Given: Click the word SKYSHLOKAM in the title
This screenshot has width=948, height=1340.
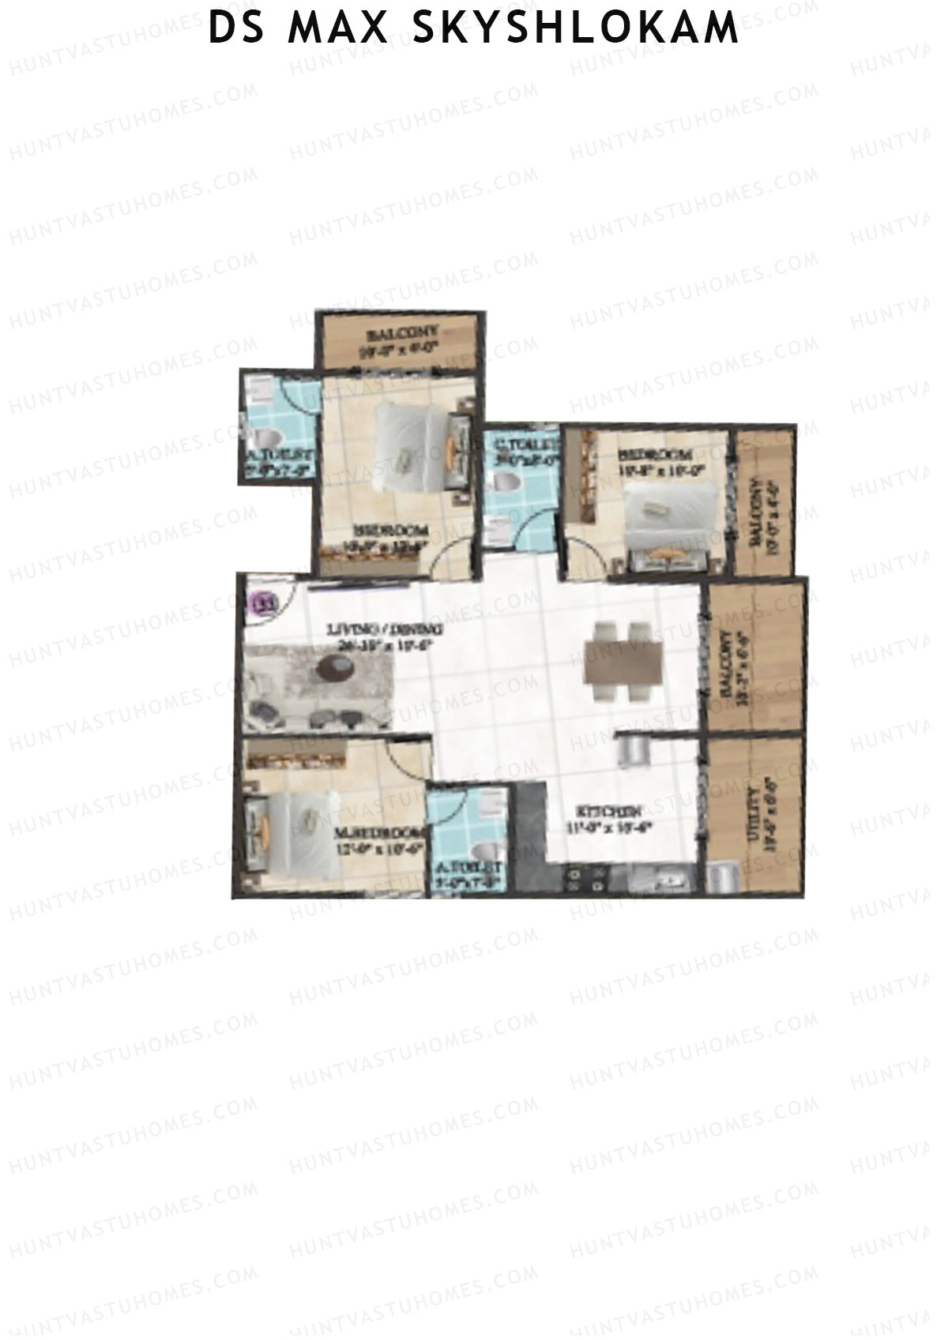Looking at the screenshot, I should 576,28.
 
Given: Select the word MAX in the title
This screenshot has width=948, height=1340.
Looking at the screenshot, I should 339,28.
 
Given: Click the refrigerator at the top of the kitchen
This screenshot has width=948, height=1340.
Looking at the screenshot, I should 632,749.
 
